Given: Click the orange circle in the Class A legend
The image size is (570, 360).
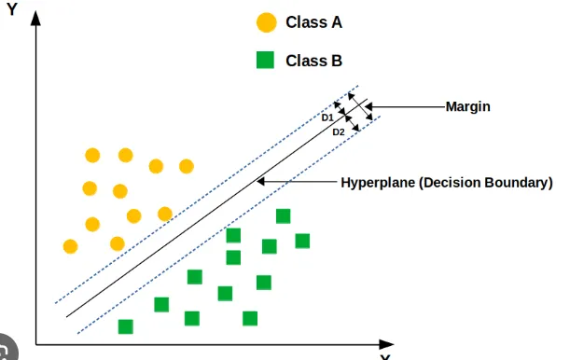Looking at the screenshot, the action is [x=267, y=22].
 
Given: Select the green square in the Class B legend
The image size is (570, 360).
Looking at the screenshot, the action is [x=266, y=62].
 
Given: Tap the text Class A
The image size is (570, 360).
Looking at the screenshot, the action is [x=313, y=22].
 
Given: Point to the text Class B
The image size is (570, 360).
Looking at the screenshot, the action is [x=313, y=62].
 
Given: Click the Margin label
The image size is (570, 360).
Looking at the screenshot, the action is [x=468, y=107].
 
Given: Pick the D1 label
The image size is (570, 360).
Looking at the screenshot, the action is [x=327, y=118].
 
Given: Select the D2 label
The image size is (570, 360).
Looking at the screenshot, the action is [x=339, y=132].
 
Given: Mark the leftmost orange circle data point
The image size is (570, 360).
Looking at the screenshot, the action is [x=70, y=246].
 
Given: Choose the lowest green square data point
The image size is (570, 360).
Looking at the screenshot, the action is [x=125, y=326].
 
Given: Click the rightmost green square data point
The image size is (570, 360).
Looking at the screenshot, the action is [x=302, y=241].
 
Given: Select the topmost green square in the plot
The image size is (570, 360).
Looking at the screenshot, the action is [x=283, y=216].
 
